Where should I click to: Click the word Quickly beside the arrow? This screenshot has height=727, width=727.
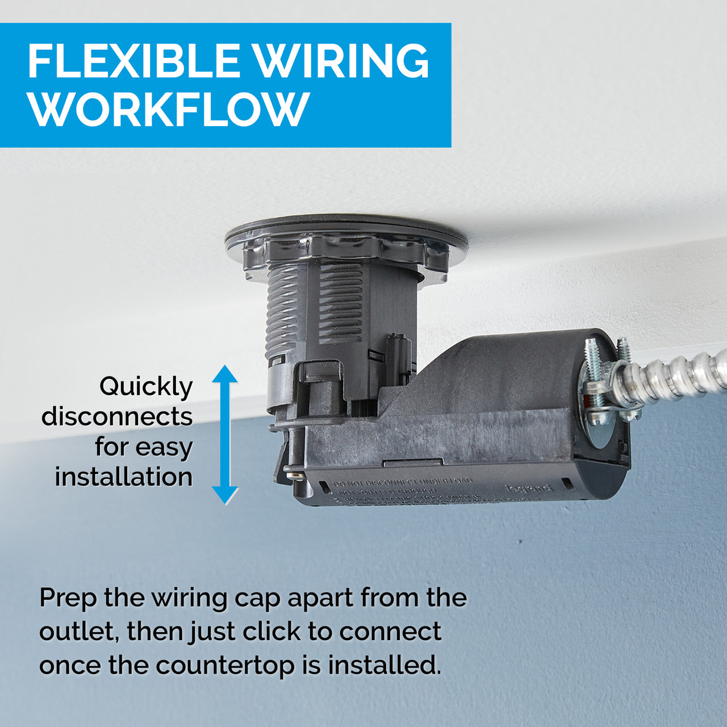coord(146,387)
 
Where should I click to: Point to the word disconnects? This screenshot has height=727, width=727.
coord(117,417)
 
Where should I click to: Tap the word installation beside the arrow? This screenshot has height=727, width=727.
coord(124,477)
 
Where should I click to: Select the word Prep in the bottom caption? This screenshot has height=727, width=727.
coord(68,599)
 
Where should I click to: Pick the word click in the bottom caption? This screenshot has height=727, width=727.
coord(269,632)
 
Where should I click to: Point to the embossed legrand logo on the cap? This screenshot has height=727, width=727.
coord(528,487)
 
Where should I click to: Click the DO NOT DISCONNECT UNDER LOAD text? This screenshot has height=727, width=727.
coord(403,482)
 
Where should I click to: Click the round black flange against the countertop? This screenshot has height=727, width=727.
coord(346,227)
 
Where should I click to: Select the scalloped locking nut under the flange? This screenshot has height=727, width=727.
coord(341,250)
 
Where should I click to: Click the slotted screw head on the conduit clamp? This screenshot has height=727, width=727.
coord(598,419)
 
